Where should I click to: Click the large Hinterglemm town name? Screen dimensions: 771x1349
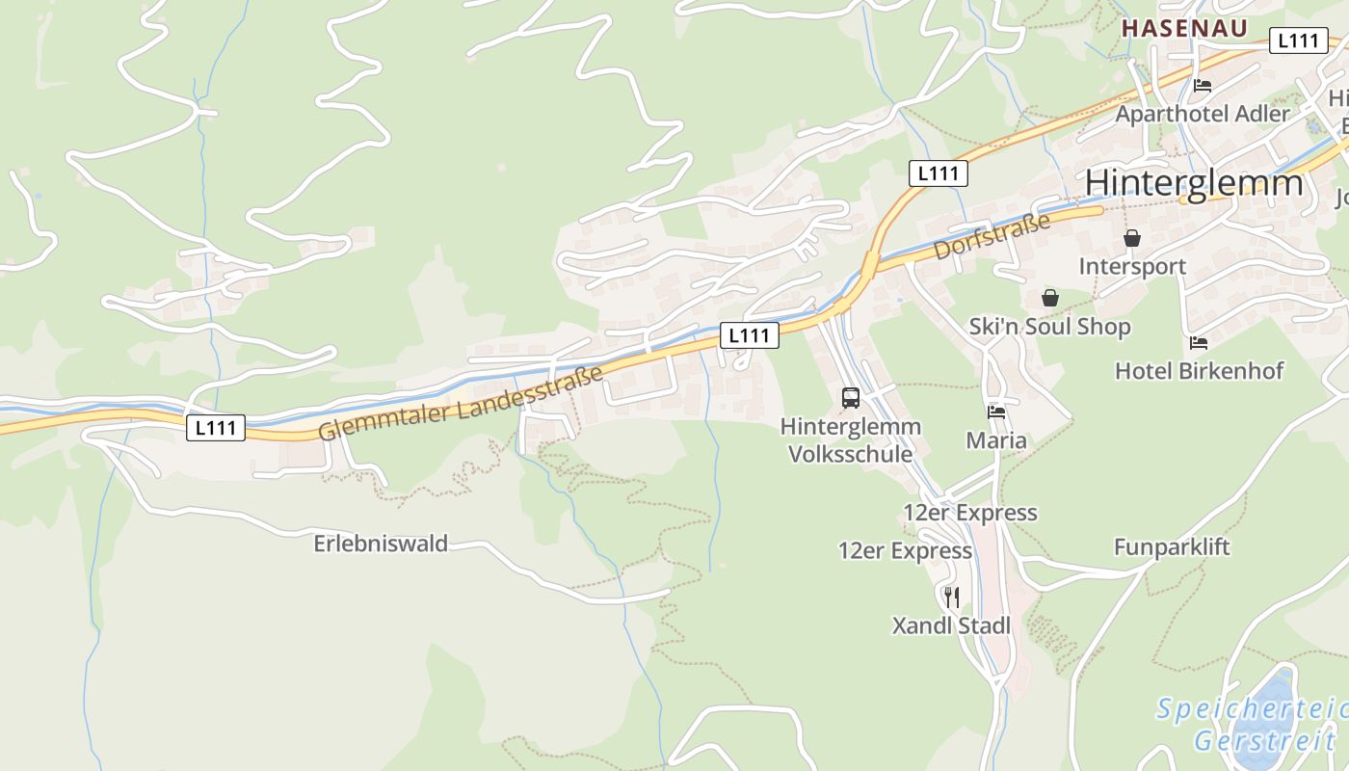(x=1193, y=183)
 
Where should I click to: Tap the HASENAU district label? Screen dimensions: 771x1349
(x=1184, y=28)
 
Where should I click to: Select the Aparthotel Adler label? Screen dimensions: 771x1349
(x=1202, y=114)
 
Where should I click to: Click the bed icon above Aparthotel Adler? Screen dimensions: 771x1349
(x=1202, y=85)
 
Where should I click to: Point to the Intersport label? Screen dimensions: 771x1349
(x=1132, y=266)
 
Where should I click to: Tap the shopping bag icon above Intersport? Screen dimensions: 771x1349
(x=1132, y=238)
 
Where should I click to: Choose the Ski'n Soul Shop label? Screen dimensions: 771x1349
(x=1049, y=327)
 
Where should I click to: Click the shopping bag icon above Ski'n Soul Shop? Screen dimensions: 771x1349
(x=1049, y=298)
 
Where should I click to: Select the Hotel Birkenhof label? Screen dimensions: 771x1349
(x=1199, y=371)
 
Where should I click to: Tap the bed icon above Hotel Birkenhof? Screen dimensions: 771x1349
(x=1199, y=342)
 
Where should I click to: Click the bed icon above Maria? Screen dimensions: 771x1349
(x=996, y=412)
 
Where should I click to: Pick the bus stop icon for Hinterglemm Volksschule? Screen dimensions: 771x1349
(x=850, y=397)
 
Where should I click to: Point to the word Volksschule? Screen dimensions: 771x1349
(x=850, y=454)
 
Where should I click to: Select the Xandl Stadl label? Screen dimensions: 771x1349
(x=951, y=626)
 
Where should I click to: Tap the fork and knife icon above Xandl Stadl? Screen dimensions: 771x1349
(x=951, y=598)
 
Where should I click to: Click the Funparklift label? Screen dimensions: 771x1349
(x=1172, y=547)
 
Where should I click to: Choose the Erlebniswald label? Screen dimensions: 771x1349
(x=381, y=544)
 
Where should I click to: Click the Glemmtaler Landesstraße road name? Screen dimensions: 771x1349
(x=461, y=403)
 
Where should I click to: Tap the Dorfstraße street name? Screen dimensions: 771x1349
(x=992, y=236)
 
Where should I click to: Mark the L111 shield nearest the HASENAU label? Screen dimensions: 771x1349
(x=1298, y=40)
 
